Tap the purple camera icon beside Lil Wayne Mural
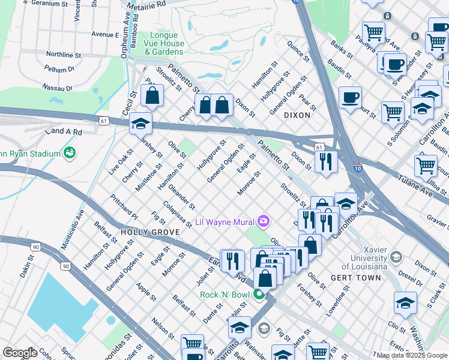263,222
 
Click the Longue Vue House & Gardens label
164,44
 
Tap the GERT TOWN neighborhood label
355,278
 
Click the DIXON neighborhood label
297,115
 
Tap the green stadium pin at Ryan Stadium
70,153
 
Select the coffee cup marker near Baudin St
350,97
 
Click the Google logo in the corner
20,353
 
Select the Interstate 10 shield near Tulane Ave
357,168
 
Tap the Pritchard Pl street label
124,207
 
